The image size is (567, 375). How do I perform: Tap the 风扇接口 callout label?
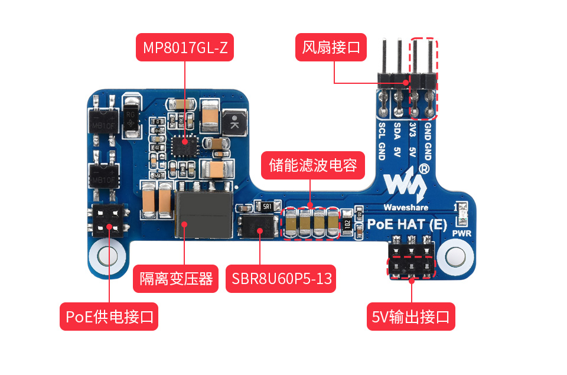click(331, 47)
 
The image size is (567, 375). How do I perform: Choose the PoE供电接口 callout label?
click(109, 317)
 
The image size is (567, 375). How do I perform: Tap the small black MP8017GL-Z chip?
click(183, 142)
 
